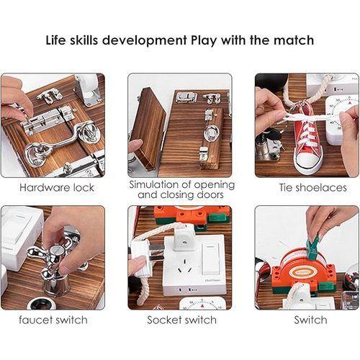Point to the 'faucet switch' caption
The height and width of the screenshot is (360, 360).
coord(53,319)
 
